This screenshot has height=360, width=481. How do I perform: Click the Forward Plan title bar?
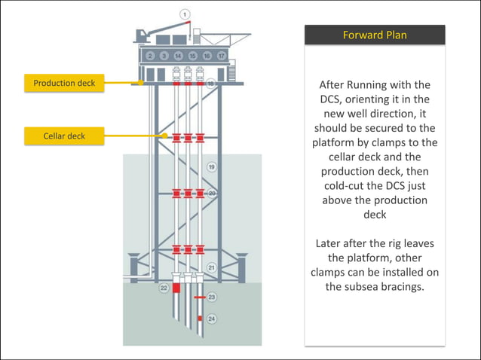click(x=375, y=35)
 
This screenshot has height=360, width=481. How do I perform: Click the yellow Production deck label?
click(x=65, y=83)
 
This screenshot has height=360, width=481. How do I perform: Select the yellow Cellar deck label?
click(x=65, y=136)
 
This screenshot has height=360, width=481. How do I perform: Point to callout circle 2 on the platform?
click(x=151, y=56)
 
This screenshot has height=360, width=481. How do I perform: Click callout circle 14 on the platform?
click(x=178, y=56)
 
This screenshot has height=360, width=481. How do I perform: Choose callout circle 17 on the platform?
click(x=221, y=56)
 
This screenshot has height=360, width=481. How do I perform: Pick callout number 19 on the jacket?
click(x=212, y=166)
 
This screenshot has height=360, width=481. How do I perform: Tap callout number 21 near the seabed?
click(x=212, y=267)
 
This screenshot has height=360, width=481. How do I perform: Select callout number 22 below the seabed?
click(x=163, y=288)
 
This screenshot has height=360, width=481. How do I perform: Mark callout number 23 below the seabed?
click(x=212, y=297)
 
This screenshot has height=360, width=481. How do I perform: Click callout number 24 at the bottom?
click(x=212, y=319)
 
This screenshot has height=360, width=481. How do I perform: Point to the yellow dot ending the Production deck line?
click(x=142, y=83)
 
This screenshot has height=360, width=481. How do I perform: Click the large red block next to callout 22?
click(x=176, y=288)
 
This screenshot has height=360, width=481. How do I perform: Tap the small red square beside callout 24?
click(x=200, y=319)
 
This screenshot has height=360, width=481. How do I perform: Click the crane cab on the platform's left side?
click(x=142, y=35)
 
